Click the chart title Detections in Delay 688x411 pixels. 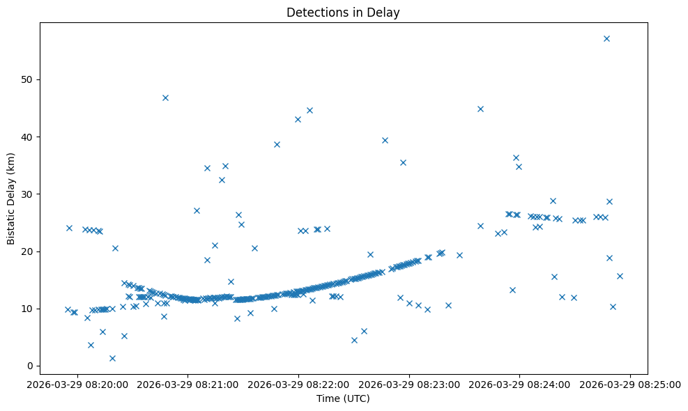tap(343, 13)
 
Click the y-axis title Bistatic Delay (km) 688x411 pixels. tap(11, 198)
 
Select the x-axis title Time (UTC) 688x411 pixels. tap(343, 399)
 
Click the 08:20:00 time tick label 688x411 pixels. tap(77, 384)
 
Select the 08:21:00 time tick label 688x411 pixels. tap(188, 384)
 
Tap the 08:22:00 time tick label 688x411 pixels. tap(298, 384)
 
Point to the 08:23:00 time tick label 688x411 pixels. tap(409, 384)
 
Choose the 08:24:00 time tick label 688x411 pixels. tap(520, 384)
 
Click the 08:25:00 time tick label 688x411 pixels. tap(631, 384)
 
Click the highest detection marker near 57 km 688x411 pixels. tap(606, 38)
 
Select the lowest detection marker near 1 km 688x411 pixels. tap(112, 358)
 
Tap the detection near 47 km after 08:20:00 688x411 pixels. tap(165, 98)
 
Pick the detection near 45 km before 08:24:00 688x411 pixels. tap(480, 109)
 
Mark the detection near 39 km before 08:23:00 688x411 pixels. tap(385, 140)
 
